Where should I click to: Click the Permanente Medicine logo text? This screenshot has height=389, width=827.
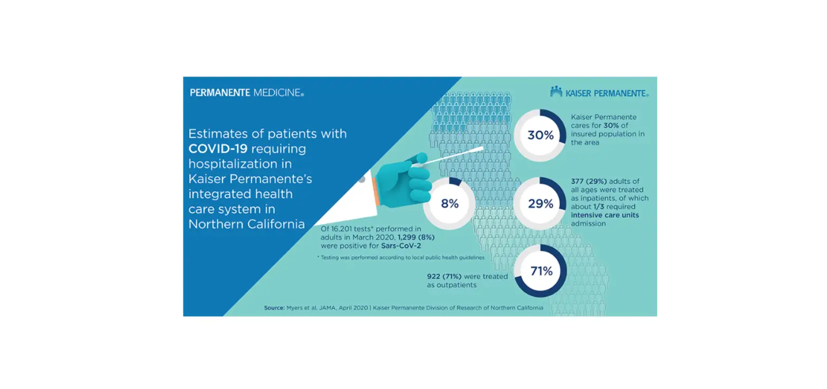click(246, 93)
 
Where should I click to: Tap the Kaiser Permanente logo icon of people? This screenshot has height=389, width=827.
click(556, 92)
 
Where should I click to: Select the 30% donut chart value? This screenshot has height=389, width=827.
click(541, 135)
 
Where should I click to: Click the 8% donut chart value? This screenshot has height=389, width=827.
click(450, 203)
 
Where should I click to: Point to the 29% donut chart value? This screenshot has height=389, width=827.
click(541, 203)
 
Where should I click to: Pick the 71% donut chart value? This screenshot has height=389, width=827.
click(541, 271)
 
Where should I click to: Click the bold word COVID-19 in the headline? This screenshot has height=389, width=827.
click(218, 149)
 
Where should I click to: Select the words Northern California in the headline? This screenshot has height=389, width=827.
click(246, 224)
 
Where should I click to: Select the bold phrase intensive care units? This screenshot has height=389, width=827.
click(605, 215)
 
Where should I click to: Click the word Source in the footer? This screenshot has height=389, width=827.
click(274, 307)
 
